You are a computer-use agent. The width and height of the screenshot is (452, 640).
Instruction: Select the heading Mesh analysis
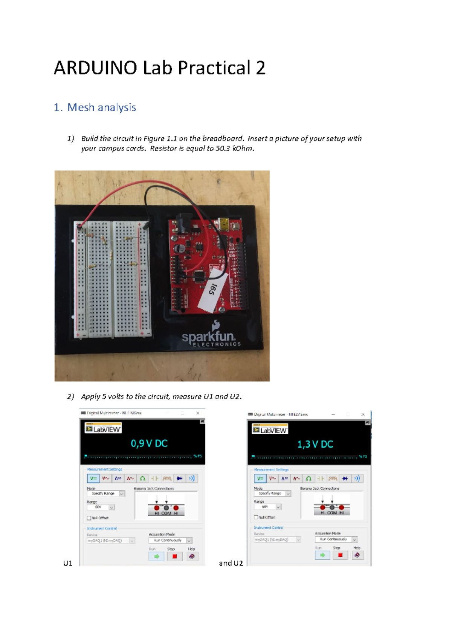(x=101, y=107)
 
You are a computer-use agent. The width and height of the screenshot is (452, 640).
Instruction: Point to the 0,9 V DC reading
(x=149, y=444)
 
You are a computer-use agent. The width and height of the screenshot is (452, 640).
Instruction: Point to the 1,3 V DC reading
(x=315, y=444)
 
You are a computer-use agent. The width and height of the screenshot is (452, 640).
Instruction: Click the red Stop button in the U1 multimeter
(x=174, y=556)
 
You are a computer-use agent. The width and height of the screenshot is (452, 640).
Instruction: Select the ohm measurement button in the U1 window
(x=142, y=479)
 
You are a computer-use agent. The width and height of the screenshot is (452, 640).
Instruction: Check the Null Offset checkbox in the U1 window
(x=89, y=518)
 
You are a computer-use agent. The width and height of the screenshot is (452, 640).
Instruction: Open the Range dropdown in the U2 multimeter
(x=278, y=507)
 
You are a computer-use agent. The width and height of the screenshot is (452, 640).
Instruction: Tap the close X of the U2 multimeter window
(x=363, y=414)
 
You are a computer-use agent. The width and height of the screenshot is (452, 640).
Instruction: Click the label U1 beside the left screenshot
(x=68, y=563)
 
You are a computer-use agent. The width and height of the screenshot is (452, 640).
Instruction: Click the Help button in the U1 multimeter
(x=192, y=556)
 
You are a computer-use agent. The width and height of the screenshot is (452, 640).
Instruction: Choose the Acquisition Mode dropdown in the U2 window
(x=354, y=539)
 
